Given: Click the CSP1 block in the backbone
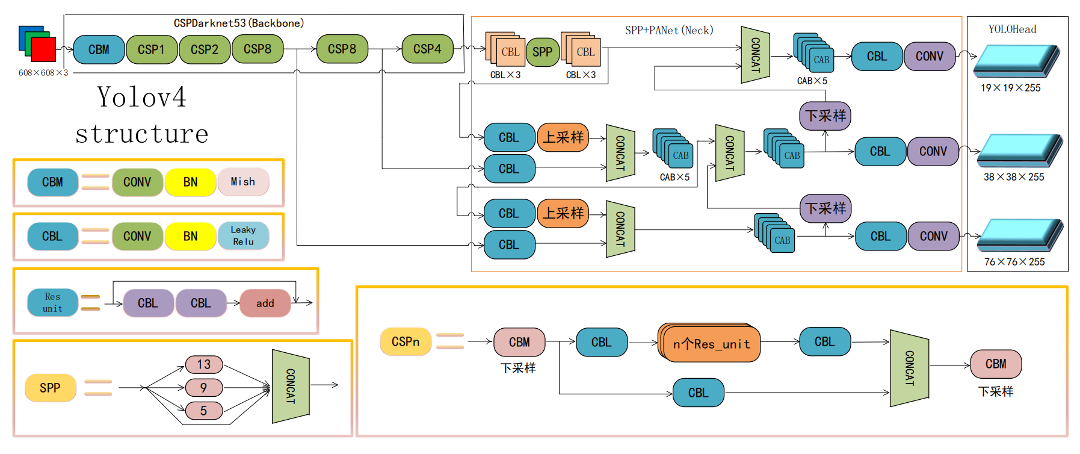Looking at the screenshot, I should pyautogui.click(x=152, y=49).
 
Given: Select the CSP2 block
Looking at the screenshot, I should pyautogui.click(x=205, y=49).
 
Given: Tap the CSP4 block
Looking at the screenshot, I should pyautogui.click(x=427, y=49).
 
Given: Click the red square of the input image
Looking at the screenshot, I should pyautogui.click(x=44, y=49).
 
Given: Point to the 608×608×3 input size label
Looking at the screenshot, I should pyautogui.click(x=43, y=73).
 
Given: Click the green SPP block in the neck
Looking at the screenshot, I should pyautogui.click(x=542, y=52).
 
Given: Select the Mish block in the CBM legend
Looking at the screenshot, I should pyautogui.click(x=243, y=182).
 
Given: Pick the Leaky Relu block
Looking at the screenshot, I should pyautogui.click(x=243, y=235).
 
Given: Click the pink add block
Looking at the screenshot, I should pyautogui.click(x=265, y=303).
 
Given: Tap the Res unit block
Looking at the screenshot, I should pyautogui.click(x=52, y=302).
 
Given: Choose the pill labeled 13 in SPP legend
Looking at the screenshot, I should pyautogui.click(x=204, y=364).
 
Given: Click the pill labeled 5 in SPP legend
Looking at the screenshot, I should pyautogui.click(x=204, y=411).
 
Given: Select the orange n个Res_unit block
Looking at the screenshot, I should pyautogui.click(x=711, y=344).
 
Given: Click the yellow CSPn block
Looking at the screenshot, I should pyautogui.click(x=406, y=342).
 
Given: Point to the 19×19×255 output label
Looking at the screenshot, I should pyautogui.click(x=1010, y=88).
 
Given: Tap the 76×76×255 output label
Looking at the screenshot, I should pyautogui.click(x=1014, y=262).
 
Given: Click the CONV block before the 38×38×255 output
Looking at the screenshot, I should pyautogui.click(x=933, y=152).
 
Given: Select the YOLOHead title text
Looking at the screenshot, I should pyautogui.click(x=1012, y=30).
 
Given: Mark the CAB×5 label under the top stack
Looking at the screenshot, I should pyautogui.click(x=812, y=81).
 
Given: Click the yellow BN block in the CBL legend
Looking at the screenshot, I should pyautogui.click(x=190, y=236).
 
